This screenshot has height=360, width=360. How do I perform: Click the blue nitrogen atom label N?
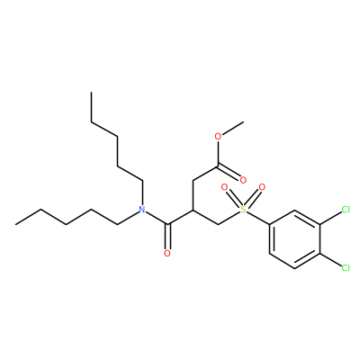tap(142, 210)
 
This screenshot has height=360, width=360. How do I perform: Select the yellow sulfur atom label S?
tap(243, 210)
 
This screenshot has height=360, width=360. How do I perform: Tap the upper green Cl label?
tap(346, 210)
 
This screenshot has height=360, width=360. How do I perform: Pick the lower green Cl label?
tap(346, 268)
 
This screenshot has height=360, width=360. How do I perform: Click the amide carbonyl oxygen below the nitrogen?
tap(167, 254)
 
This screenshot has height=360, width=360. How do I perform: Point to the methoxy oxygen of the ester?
tap(218, 137)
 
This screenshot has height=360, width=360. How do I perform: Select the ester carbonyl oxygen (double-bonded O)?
tap(243, 180)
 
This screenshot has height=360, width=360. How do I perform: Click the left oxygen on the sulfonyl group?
tap(224, 188)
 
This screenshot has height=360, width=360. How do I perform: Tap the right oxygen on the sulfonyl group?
tap(262, 188)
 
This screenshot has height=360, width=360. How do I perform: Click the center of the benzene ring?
tap(294, 239)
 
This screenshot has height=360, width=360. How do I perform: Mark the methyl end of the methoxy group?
tap(243, 122)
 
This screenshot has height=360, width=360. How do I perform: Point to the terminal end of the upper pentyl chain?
tap(92, 93)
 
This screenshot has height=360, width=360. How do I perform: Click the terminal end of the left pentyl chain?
tap(15, 224)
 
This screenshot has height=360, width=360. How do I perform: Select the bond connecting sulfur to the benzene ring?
tap(258, 218)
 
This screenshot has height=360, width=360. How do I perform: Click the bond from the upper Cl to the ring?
tap(330, 217)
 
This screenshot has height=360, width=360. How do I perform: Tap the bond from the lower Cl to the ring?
tap(330, 260)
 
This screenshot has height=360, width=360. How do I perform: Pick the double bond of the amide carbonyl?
tap(168, 237)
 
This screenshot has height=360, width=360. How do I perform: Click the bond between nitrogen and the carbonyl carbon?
tap(157, 217)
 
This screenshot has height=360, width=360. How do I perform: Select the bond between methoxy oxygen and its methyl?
tap(232, 129)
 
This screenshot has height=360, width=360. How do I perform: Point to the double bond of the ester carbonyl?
tap(229, 172)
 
